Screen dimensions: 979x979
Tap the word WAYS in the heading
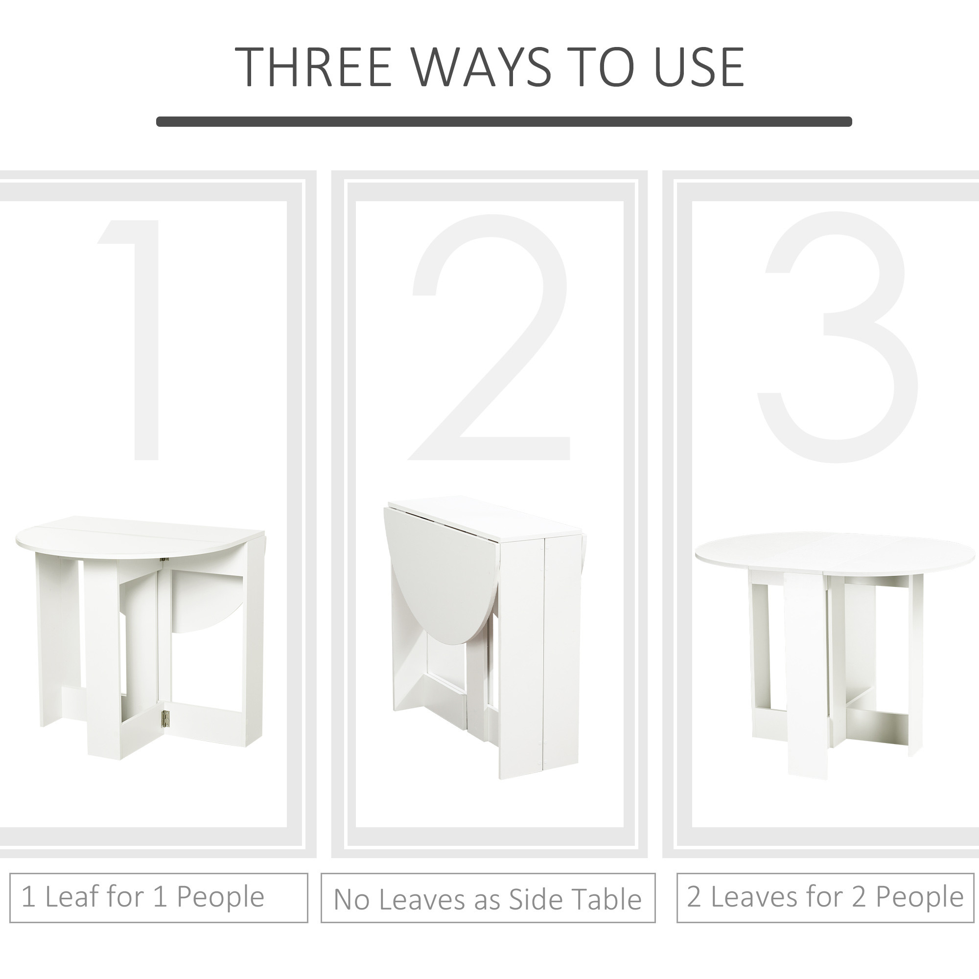coord(482,67)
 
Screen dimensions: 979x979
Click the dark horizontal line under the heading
coord(504,121)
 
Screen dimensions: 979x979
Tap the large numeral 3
coord(837,337)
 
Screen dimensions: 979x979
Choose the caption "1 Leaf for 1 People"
coord(143,896)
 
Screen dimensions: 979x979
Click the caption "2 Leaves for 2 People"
coord(825,896)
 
